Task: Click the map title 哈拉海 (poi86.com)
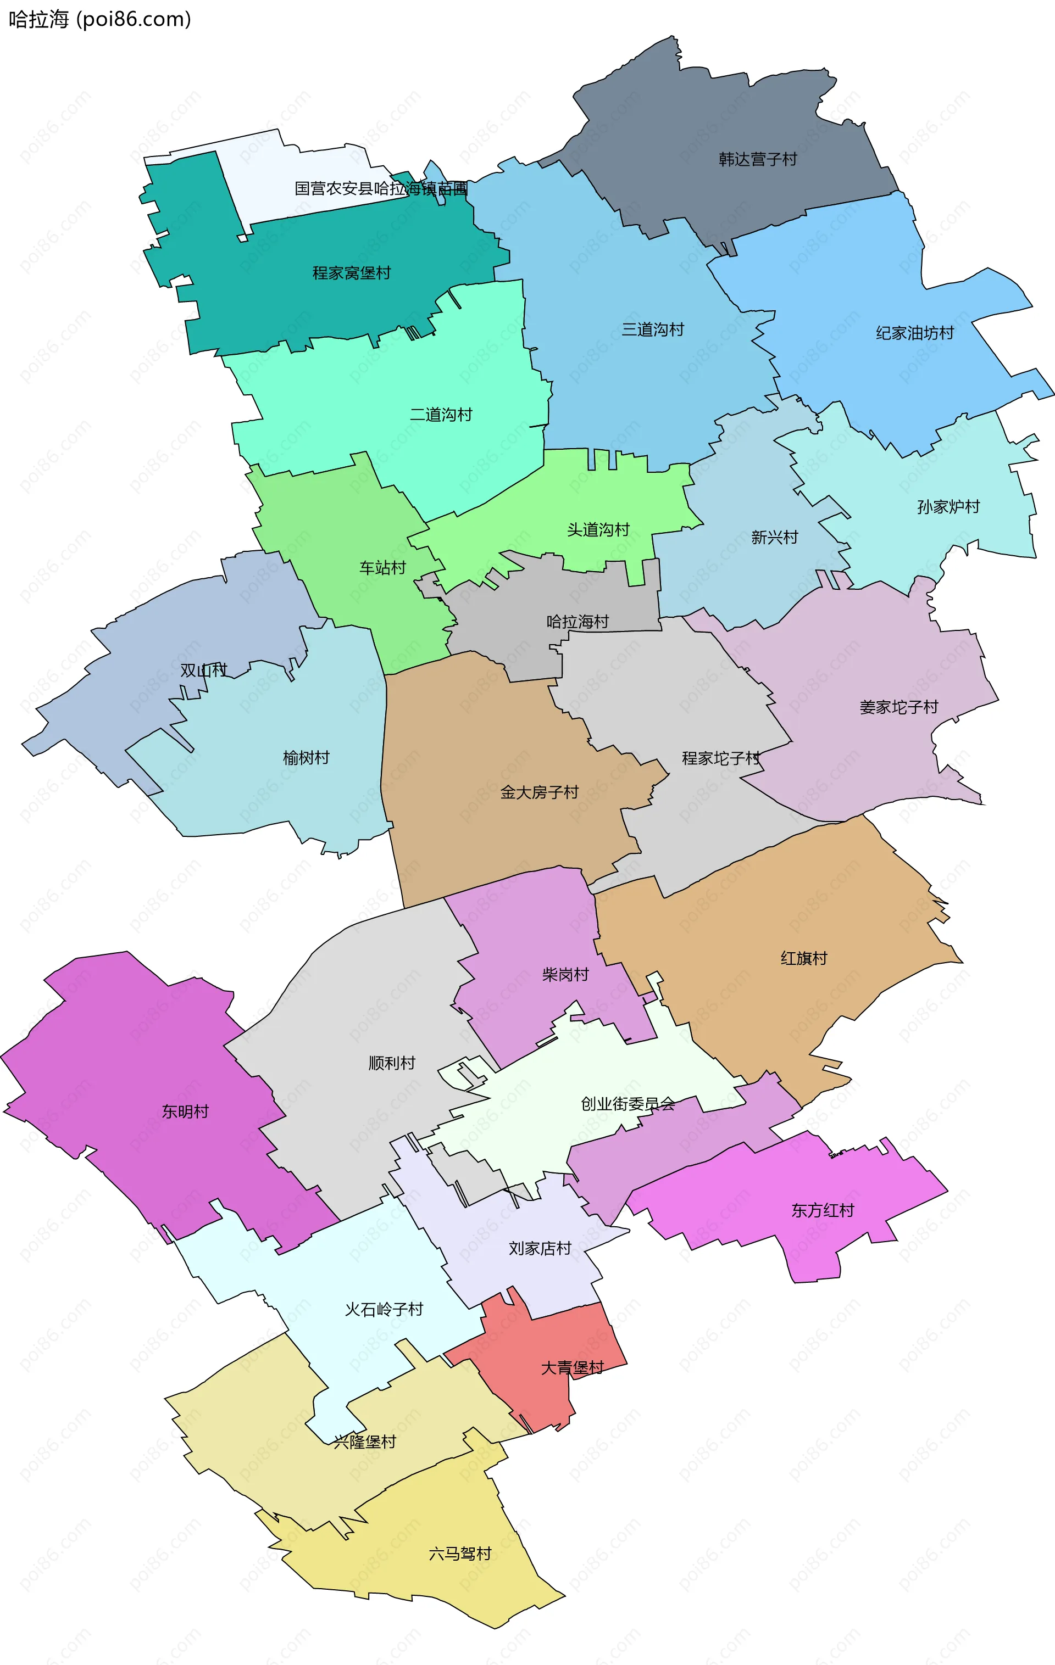pyautogui.click(x=99, y=19)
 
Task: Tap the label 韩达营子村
pyautogui.click(x=758, y=160)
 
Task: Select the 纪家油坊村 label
pyautogui.click(x=914, y=333)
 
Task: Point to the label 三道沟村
pyautogui.click(x=652, y=330)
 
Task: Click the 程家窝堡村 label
pyautogui.click(x=352, y=273)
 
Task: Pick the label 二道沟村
pyautogui.click(x=441, y=415)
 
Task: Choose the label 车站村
pyautogui.click(x=382, y=568)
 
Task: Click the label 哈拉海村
pyautogui.click(x=577, y=622)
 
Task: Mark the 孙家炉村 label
pyautogui.click(x=948, y=507)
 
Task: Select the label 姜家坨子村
pyautogui.click(x=898, y=707)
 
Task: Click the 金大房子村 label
pyautogui.click(x=539, y=792)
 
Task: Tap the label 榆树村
pyautogui.click(x=306, y=758)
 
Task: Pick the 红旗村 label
pyautogui.click(x=803, y=958)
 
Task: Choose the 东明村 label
pyautogui.click(x=185, y=1111)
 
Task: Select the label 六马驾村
pyautogui.click(x=459, y=1554)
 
